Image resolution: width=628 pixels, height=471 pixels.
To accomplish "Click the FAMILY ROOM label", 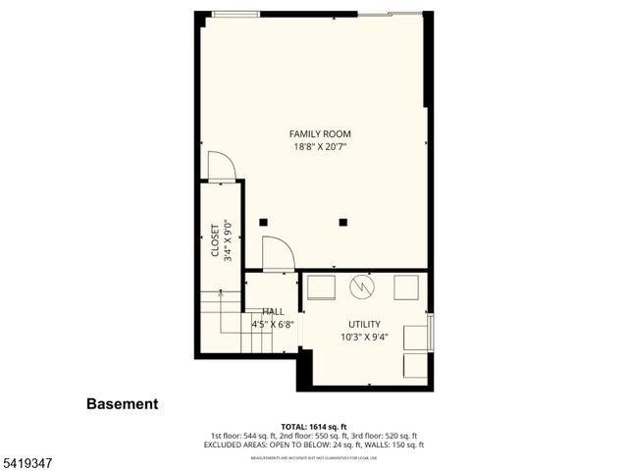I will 320,133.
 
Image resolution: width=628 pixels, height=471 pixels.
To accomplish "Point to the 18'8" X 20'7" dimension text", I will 320,147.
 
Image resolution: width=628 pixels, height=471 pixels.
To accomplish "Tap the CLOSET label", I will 216,240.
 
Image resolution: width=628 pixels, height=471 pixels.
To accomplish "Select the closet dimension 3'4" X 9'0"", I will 228,240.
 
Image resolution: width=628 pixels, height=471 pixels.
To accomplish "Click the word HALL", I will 273,311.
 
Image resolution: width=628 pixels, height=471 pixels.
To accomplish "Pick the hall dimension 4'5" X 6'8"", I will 273,323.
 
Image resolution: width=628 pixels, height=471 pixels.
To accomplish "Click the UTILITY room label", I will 364,324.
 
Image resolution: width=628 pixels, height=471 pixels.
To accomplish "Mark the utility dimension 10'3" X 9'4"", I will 364,338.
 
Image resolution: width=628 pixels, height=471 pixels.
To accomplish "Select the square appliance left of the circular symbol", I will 321,287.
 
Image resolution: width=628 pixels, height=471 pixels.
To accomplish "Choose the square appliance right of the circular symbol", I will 406,287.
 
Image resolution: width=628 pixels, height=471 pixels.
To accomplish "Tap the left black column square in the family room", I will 263,222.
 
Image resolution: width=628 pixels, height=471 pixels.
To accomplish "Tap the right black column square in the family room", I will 343,222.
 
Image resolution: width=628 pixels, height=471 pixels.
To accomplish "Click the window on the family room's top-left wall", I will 236,14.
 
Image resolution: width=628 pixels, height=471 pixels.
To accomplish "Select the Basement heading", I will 122,403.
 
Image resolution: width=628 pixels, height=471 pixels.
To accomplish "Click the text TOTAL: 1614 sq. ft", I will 313,427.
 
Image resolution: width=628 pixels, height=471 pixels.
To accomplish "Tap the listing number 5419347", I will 26,458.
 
